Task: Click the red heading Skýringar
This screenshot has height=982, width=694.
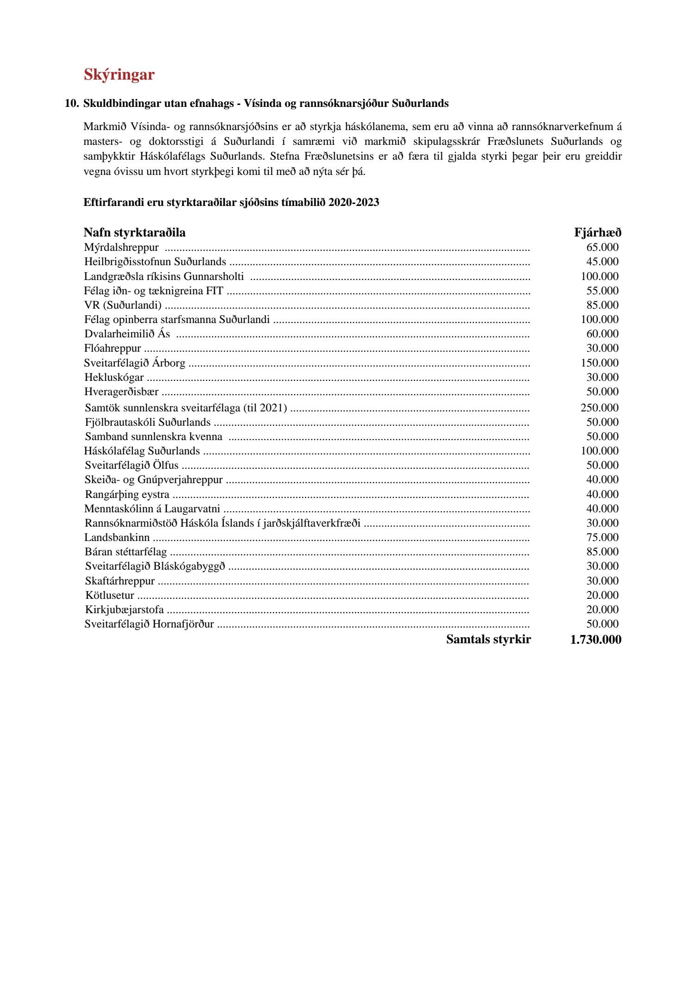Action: [119, 75]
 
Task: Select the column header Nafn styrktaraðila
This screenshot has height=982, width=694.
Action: [135, 232]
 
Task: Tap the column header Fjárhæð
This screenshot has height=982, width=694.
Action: [597, 232]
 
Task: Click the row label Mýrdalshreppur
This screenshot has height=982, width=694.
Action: [121, 248]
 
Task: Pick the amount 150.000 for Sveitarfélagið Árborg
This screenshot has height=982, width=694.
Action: [600, 363]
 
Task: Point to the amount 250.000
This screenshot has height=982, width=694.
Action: [600, 408]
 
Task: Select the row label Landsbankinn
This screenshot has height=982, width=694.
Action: [117, 537]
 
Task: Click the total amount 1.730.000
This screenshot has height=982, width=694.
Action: [596, 640]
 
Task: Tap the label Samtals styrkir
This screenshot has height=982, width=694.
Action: [489, 640]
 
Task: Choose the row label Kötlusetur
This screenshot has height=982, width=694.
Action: [110, 595]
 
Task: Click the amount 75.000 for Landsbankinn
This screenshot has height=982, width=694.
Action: [602, 537]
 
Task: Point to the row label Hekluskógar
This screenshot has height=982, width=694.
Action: [114, 377]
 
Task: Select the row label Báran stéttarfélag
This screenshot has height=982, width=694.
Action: [126, 552]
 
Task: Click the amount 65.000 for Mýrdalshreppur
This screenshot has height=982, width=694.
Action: [602, 248]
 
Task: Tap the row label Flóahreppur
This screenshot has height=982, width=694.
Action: [112, 348]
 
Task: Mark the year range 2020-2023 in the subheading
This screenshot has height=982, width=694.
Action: [354, 202]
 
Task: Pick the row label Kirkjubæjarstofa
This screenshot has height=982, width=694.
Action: [124, 609]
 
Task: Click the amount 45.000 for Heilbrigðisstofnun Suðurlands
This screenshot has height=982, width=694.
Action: [602, 262]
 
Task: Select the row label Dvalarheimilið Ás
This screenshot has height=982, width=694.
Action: [127, 334]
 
